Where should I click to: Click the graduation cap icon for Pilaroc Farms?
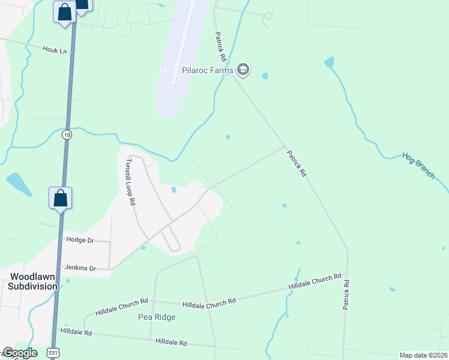[x=243, y=70]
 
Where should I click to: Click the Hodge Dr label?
[x=80, y=240]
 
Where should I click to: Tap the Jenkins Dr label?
[x=80, y=268]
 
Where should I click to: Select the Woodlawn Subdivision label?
[x=33, y=281]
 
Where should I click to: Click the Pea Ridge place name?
[x=157, y=317]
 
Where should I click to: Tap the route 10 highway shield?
[x=66, y=135]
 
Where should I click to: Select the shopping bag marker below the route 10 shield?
[x=61, y=198]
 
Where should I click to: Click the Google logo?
[x=20, y=353]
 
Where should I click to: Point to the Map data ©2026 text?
[x=423, y=355]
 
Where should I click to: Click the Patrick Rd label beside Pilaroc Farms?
[x=221, y=47]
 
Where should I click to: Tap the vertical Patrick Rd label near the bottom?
[x=346, y=292]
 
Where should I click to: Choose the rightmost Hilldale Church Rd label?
[x=315, y=283]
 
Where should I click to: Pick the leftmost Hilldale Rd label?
[x=76, y=332]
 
